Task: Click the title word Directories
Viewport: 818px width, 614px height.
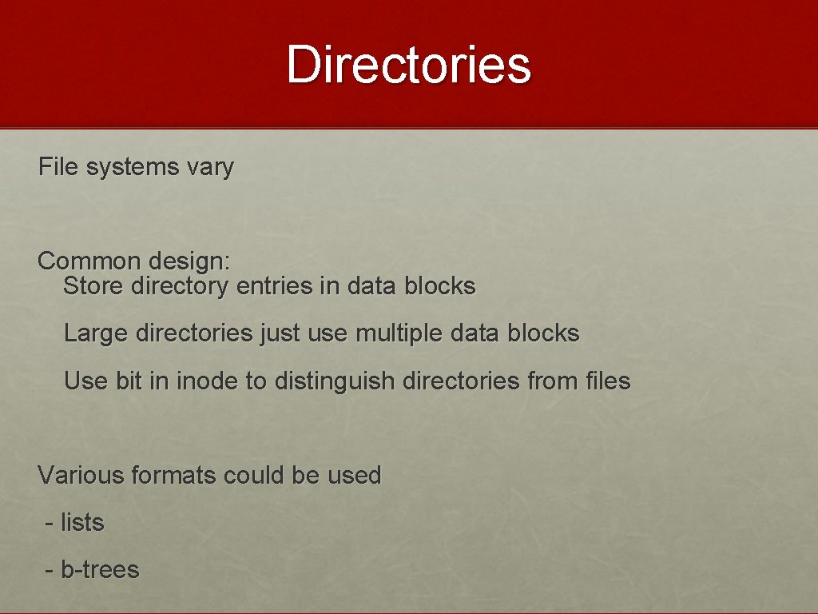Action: [x=408, y=64]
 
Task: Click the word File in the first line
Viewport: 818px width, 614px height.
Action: [x=59, y=167]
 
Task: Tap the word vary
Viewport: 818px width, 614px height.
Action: [x=210, y=168]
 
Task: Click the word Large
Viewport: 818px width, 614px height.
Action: [x=97, y=333]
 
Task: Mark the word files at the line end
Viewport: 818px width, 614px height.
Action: [x=608, y=381]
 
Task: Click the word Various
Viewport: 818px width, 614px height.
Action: [x=81, y=475]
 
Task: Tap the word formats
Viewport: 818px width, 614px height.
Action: [x=173, y=475]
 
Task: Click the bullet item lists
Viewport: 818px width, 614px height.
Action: [x=82, y=523]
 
